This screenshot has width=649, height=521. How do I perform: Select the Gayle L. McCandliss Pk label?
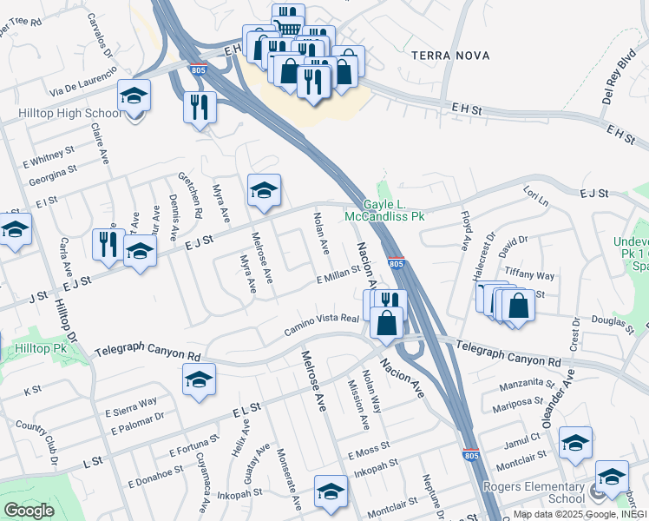(x=383, y=209)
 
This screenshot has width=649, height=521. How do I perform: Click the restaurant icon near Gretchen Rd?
(x=200, y=107)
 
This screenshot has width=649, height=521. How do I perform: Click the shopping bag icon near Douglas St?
(x=518, y=307)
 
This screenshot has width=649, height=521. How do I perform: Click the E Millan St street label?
(x=338, y=276)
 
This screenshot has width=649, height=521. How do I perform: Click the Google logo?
(x=29, y=510)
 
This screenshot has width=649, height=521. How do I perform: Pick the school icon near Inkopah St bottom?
(x=330, y=491)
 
